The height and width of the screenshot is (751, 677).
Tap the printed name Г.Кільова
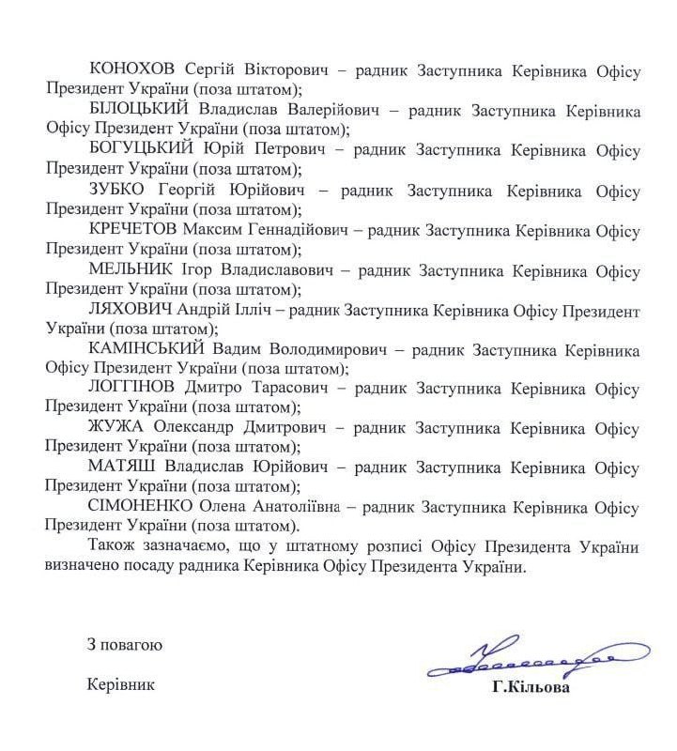point(530,686)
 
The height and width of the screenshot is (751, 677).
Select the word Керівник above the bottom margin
point(118,684)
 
